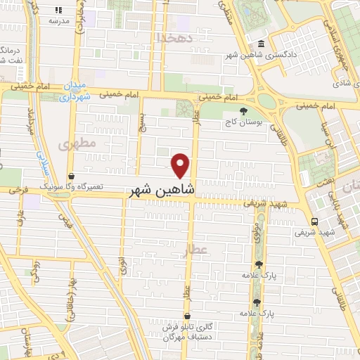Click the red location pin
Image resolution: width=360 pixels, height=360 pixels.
click(181, 165)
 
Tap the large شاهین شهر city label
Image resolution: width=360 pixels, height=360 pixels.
click(162, 190)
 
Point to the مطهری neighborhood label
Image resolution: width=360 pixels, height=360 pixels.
click(67, 144)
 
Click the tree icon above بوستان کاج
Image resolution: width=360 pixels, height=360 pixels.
click(243, 111)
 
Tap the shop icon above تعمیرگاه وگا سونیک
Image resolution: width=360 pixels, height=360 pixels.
click(72, 176)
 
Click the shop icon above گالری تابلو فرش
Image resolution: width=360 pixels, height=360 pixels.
click(187, 316)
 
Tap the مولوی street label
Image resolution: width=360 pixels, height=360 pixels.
click(259, 229)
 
